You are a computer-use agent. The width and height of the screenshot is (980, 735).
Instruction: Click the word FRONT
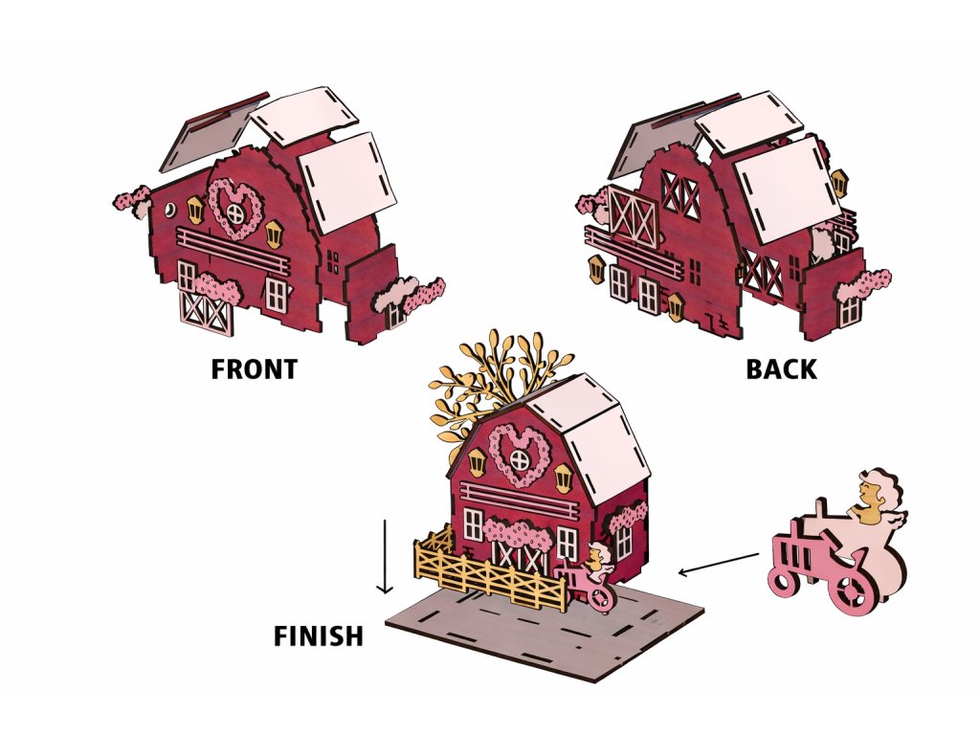[x=254, y=369]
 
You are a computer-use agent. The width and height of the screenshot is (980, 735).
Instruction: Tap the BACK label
[x=782, y=369]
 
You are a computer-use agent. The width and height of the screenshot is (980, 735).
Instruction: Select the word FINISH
[x=319, y=635]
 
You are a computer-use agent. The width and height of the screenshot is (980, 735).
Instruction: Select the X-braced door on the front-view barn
[x=207, y=311]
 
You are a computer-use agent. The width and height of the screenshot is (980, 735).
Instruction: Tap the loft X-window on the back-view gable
[x=681, y=195]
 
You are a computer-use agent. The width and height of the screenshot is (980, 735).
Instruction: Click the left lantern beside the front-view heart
[x=195, y=208]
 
